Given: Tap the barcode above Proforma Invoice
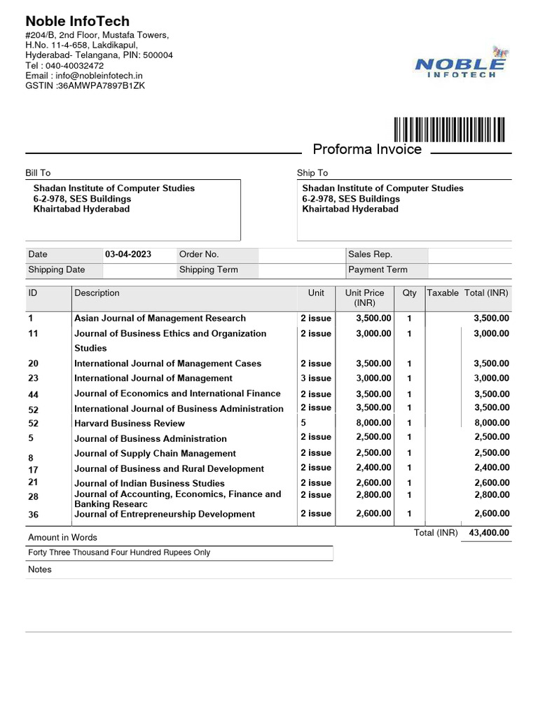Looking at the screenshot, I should click(x=449, y=130).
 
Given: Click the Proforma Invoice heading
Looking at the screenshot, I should click(x=367, y=149).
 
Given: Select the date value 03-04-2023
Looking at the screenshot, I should click(x=128, y=255).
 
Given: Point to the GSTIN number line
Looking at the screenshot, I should click(x=85, y=85).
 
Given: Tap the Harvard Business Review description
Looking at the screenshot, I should click(x=130, y=424).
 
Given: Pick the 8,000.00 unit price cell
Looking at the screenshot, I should click(x=373, y=423).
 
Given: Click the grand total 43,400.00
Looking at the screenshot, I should click(x=489, y=533).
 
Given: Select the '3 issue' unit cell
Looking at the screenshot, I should click(x=316, y=378).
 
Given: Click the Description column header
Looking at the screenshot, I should click(x=97, y=293).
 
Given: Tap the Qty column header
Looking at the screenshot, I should click(x=409, y=293).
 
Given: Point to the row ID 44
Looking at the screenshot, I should click(x=34, y=395).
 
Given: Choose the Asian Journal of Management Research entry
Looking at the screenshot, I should click(x=160, y=319).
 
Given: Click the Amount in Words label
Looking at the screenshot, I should click(x=62, y=538).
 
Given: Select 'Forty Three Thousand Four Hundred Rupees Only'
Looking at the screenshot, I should click(x=119, y=552).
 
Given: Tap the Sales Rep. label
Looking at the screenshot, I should click(x=370, y=255).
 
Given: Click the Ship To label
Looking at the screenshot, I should click(x=312, y=173).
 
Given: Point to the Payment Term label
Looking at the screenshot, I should click(x=378, y=270).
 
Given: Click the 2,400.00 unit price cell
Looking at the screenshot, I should click(x=373, y=468).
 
